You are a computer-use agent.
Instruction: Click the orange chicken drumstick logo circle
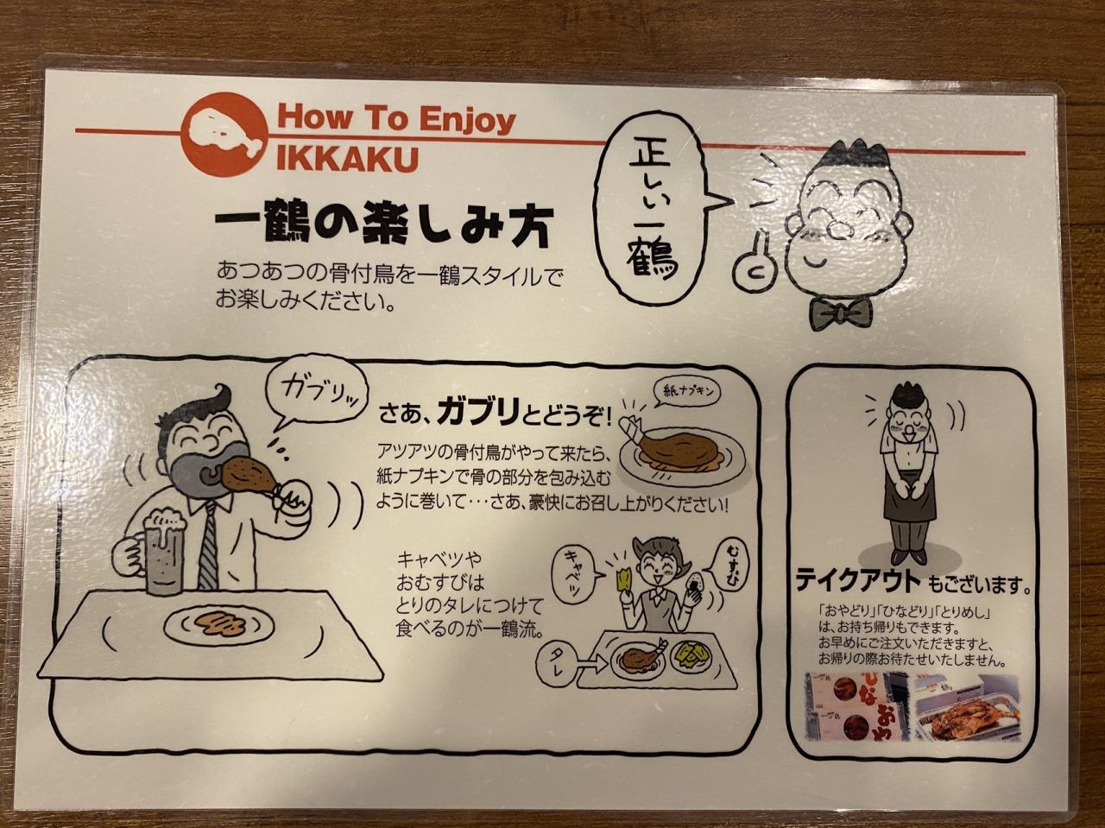[224, 135]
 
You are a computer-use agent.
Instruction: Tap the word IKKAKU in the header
[348, 159]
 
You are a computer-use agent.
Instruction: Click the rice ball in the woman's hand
[696, 583]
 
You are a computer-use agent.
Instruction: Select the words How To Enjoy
[397, 119]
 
